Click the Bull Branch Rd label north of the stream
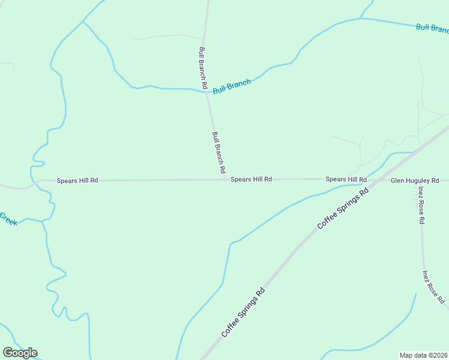click(203, 68)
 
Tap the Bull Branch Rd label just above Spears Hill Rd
click(218, 149)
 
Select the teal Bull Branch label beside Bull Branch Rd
click(232, 86)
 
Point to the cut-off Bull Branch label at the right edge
click(432, 28)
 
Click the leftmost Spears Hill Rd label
click(77, 180)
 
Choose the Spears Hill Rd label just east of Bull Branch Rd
click(252, 179)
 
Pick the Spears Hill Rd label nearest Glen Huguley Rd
click(346, 179)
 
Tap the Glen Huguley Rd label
click(415, 180)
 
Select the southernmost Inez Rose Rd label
click(433, 287)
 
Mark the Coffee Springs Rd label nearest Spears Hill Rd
click(342, 209)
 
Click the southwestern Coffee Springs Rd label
click(243, 312)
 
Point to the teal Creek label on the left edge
click(8, 219)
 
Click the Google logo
click(20, 353)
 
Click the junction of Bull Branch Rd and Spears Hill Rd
click(226, 179)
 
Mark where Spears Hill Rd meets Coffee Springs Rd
click(373, 179)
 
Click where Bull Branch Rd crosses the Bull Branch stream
click(207, 92)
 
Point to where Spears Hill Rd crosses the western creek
click(35, 181)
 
